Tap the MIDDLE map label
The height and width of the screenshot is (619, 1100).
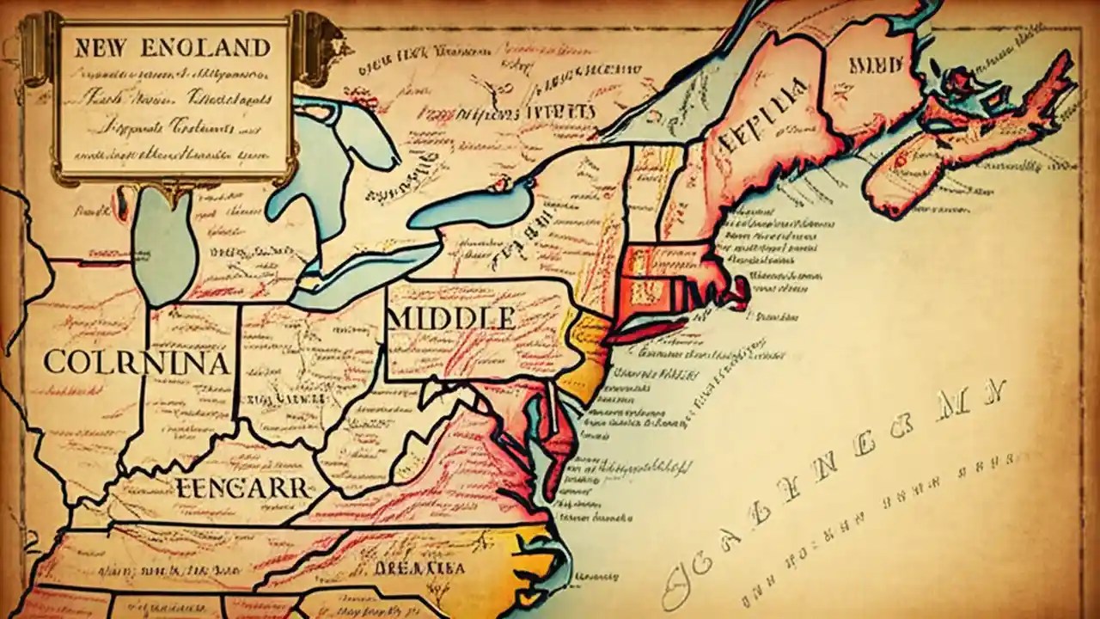[x=453, y=319]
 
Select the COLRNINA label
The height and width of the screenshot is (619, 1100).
[x=136, y=363]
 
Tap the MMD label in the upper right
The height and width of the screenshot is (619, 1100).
[x=874, y=64]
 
